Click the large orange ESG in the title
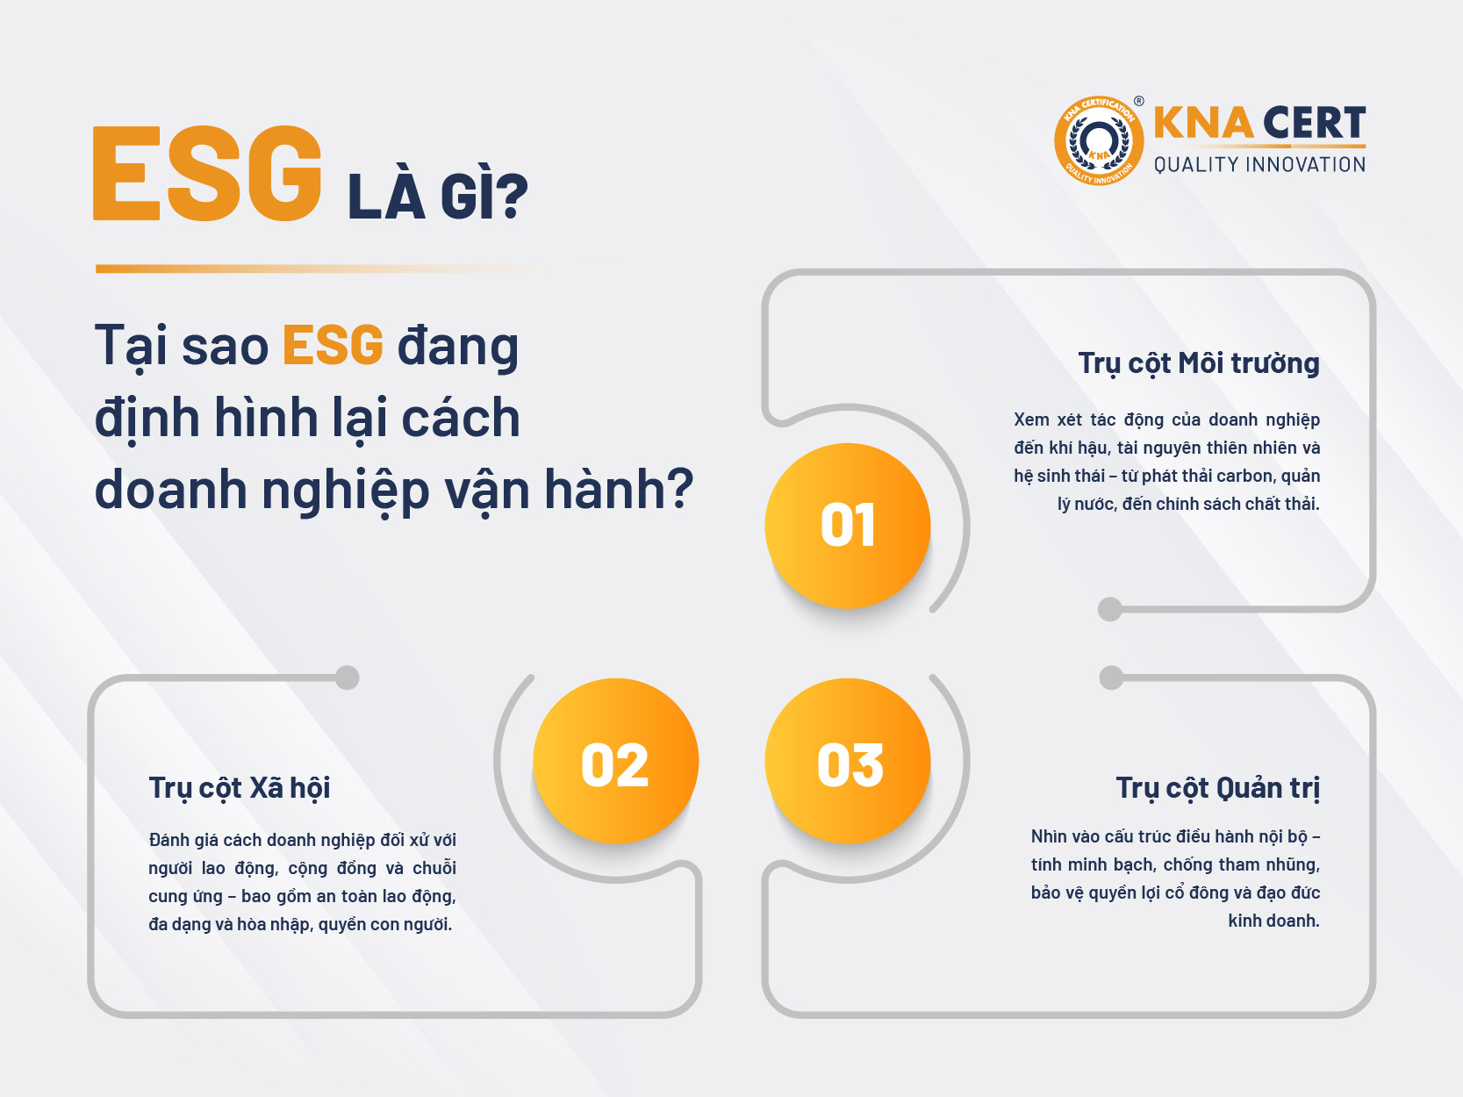click(x=207, y=173)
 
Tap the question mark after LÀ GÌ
click(x=513, y=196)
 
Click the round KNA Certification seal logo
click(x=1099, y=140)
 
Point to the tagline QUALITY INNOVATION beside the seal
click(x=1259, y=165)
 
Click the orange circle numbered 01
click(x=848, y=526)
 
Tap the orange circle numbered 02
click(x=616, y=761)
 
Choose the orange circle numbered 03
click(x=848, y=761)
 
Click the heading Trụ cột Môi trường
click(x=1199, y=364)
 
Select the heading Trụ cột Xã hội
click(x=240, y=788)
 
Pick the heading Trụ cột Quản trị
click(x=1218, y=788)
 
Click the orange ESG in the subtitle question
click(x=333, y=345)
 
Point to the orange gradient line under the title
click(x=360, y=269)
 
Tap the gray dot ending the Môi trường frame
click(x=1109, y=609)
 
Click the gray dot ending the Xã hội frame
click(x=348, y=678)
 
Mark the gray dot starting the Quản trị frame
click(x=1111, y=678)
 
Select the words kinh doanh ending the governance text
click(x=1273, y=921)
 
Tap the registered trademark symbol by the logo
click(x=1138, y=101)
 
